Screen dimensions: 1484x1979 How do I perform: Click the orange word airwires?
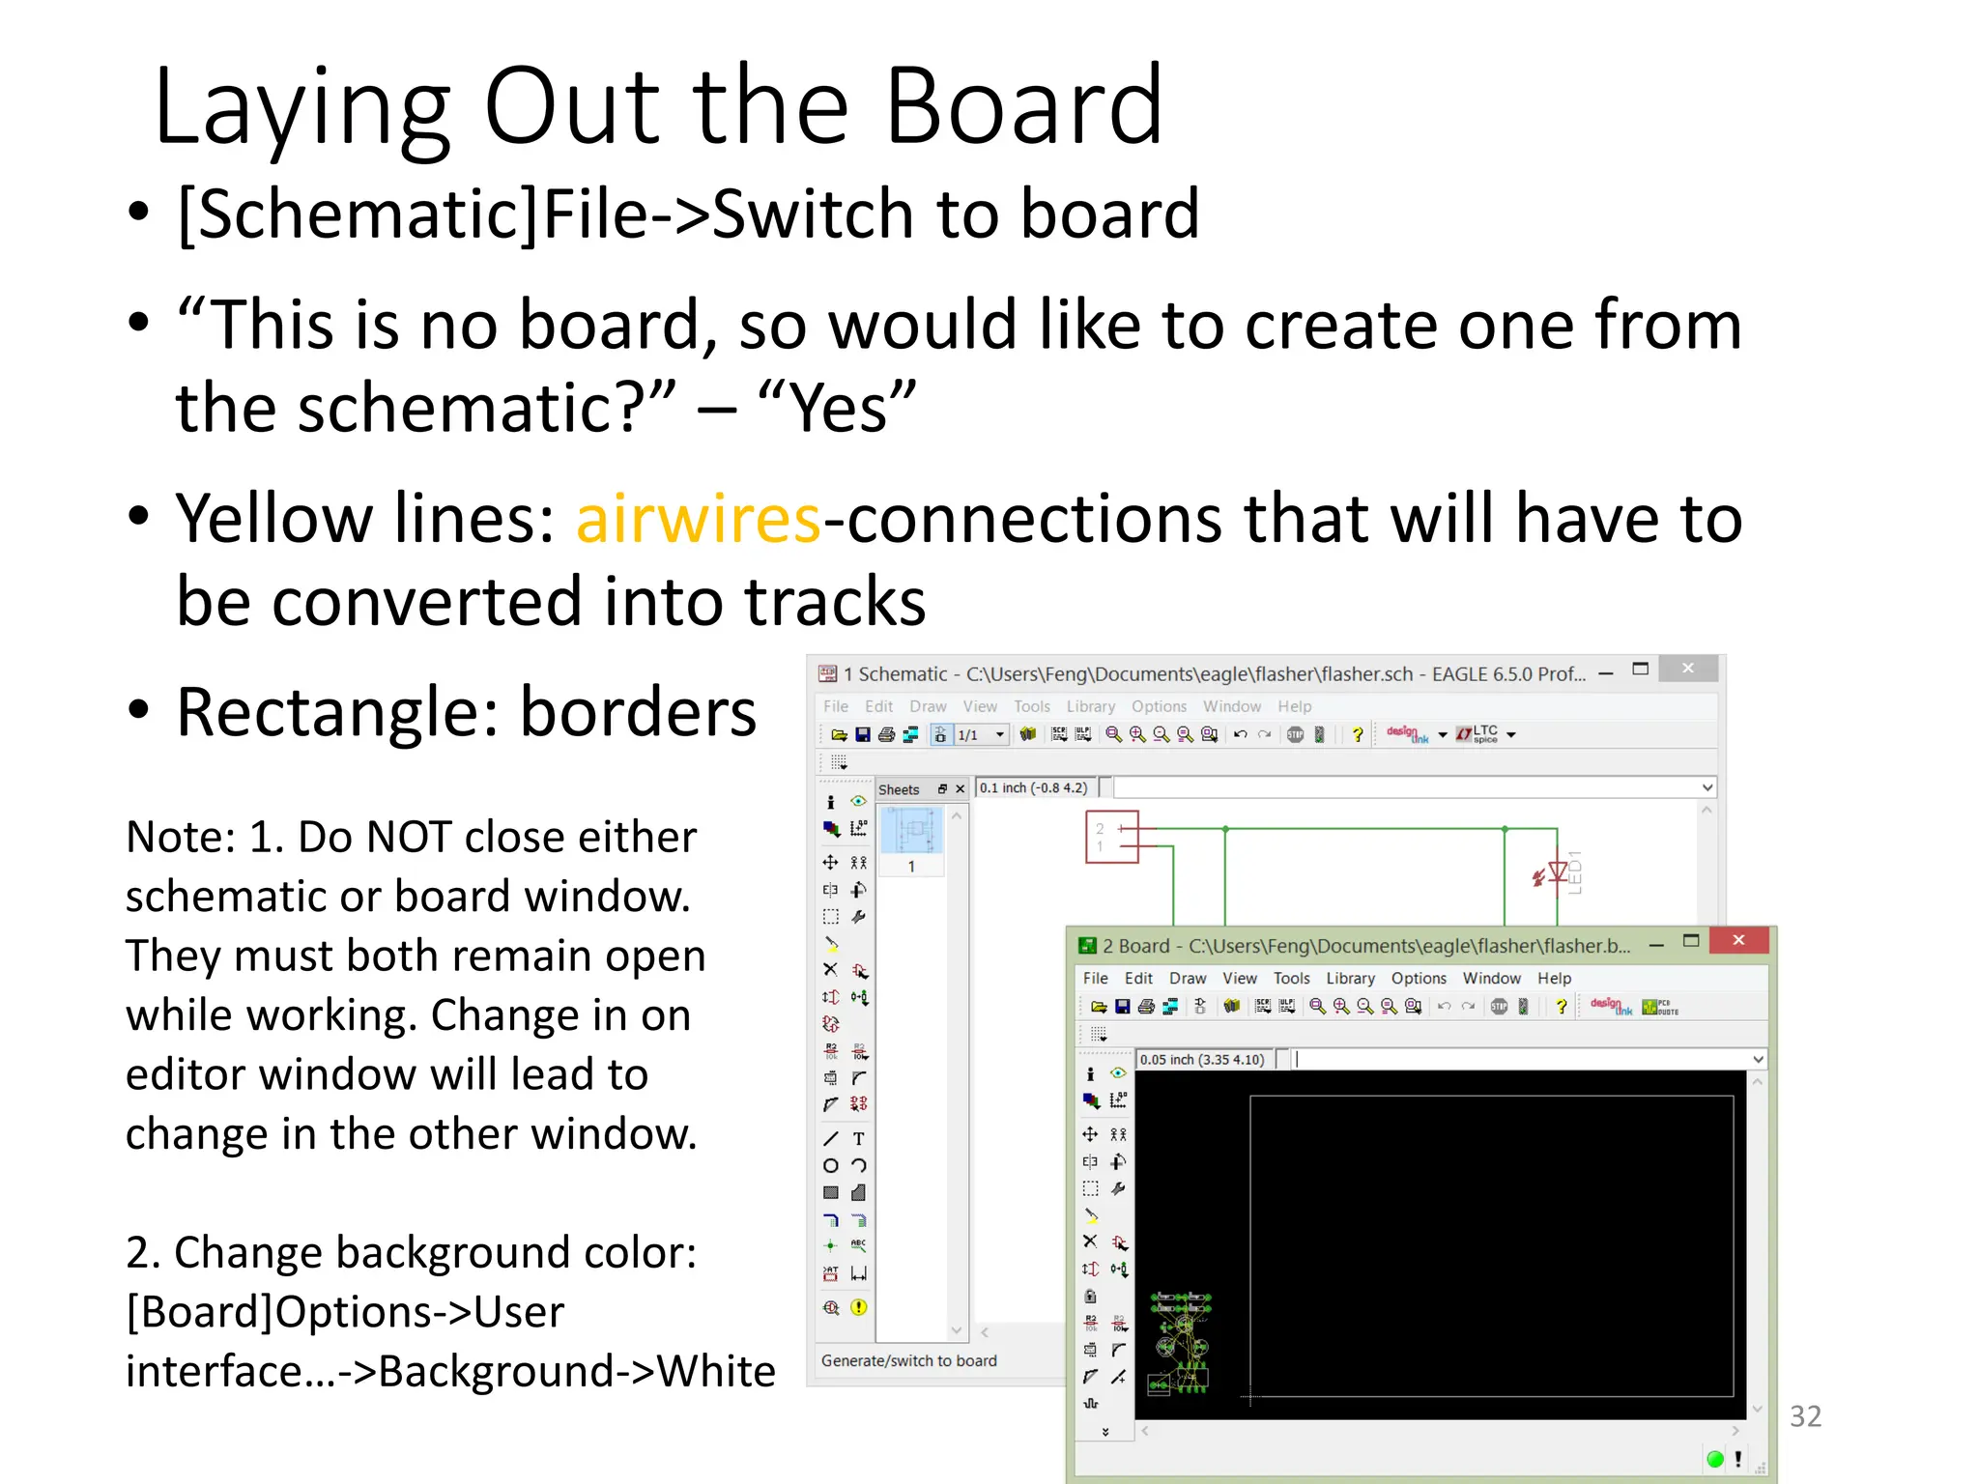(x=698, y=519)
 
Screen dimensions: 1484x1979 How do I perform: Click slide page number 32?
(x=1805, y=1415)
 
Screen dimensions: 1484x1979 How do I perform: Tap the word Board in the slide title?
(x=1024, y=106)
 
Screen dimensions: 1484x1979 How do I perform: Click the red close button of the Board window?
(x=1738, y=940)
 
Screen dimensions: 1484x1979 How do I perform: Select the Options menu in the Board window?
(x=1419, y=978)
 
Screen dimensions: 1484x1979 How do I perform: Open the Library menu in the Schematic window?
(x=1090, y=706)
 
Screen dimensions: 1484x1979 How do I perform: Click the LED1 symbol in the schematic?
(x=1558, y=873)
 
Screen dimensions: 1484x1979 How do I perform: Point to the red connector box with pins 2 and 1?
(x=1111, y=837)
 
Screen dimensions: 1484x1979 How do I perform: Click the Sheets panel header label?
(x=899, y=789)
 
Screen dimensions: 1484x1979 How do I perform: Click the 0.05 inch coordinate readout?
(x=1202, y=1059)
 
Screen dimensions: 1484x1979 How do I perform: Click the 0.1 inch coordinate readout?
(x=1033, y=787)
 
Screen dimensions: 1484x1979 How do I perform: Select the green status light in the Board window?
(x=1715, y=1459)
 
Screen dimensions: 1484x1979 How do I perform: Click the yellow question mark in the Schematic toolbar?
(x=1358, y=734)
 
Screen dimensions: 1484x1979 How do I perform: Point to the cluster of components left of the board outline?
(x=1180, y=1343)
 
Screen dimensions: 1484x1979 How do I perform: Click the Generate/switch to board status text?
(x=908, y=1360)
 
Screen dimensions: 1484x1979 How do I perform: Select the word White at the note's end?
(x=716, y=1371)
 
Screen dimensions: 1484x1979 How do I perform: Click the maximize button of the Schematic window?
(x=1640, y=669)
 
